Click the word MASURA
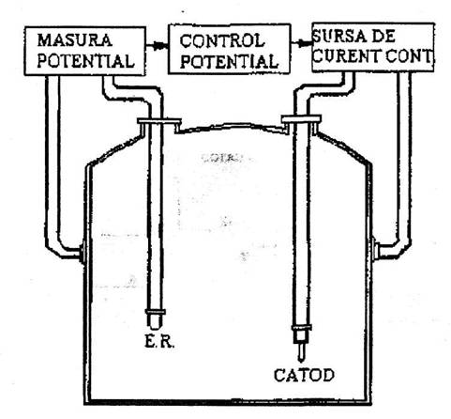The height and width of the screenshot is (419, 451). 74,40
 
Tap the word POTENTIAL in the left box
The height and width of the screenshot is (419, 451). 85,61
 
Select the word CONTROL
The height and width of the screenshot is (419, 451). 222,41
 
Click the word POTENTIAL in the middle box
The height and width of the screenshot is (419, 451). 229,61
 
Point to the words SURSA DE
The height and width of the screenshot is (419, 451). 353,37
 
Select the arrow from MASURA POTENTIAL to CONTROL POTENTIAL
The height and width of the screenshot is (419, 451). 157,46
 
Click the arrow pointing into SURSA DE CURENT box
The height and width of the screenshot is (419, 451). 302,43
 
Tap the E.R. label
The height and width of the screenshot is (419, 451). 159,342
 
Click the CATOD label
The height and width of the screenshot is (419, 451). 304,375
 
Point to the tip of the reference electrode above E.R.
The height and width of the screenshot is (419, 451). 155,327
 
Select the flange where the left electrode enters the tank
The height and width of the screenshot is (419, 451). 159,121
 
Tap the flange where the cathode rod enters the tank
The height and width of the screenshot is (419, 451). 301,119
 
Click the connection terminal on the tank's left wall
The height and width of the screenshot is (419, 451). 83,253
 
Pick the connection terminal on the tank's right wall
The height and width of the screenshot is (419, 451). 374,249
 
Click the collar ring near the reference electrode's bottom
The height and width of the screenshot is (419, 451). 156,312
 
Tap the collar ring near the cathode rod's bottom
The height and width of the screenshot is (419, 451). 302,328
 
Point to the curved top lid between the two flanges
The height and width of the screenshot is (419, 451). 232,126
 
